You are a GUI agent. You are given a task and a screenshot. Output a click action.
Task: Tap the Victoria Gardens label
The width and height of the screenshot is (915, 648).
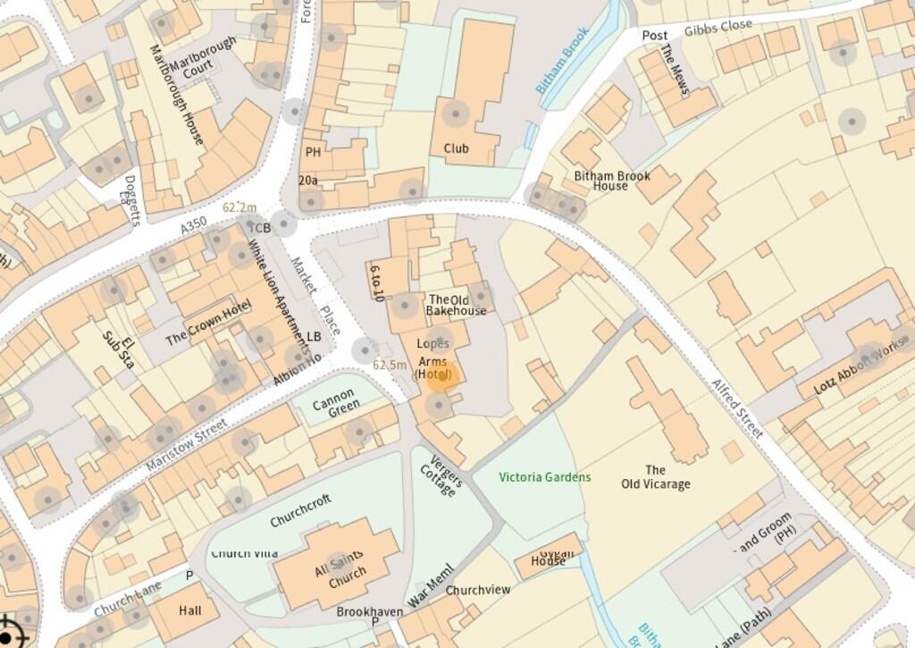tap(544, 477)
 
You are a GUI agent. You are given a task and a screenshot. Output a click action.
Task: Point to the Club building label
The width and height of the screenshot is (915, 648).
tap(456, 148)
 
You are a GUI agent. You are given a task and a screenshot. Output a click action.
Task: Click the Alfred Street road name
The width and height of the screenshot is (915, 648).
tap(737, 408)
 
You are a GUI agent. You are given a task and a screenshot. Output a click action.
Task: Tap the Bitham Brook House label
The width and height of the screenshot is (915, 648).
tap(611, 181)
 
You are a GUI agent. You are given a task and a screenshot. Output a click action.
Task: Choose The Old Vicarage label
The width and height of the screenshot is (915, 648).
tap(655, 477)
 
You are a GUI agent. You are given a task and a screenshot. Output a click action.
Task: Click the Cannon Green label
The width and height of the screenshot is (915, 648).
tap(337, 405)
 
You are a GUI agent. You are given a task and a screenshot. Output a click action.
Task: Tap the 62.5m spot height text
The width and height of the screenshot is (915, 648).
tap(390, 365)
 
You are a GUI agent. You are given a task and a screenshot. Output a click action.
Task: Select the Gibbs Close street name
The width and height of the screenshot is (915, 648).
tap(718, 28)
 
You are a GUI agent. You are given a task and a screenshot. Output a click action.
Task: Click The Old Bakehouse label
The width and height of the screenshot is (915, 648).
tap(456, 306)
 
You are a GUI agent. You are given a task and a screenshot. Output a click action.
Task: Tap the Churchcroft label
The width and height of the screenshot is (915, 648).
tap(300, 510)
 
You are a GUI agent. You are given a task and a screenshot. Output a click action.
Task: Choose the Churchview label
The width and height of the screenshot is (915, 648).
tap(478, 590)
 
